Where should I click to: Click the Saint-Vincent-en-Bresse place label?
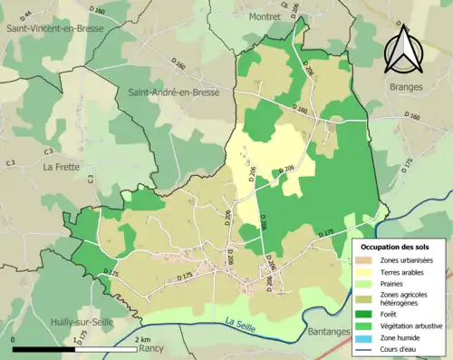coord(55,28)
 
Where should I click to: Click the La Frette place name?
coord(62,167)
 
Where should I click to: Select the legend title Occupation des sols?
coord(398,247)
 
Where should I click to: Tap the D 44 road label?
coord(25,13)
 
